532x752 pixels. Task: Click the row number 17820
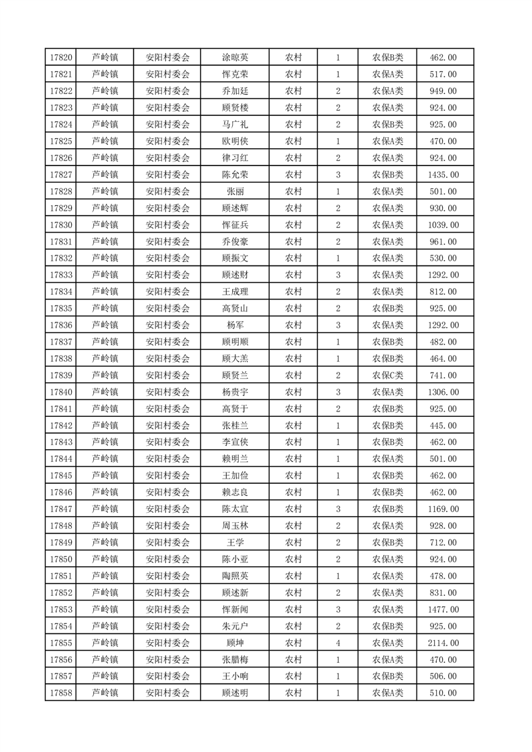61,58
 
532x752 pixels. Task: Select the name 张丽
235,192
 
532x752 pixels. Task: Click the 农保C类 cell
388,375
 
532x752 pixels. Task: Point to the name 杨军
235,325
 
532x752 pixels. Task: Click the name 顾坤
235,643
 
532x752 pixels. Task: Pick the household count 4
337,643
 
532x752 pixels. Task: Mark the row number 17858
61,693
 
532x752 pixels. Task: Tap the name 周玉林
235,526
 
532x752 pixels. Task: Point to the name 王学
235,543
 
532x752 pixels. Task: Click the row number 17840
61,392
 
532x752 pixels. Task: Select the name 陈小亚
235,559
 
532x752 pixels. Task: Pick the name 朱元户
235,626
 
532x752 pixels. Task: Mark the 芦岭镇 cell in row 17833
105,275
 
